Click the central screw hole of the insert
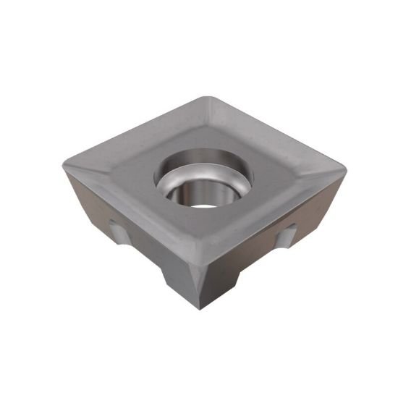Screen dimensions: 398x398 (x=204, y=177)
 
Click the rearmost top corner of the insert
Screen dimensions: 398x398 (x=210, y=97)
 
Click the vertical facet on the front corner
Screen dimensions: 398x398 (x=197, y=286)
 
